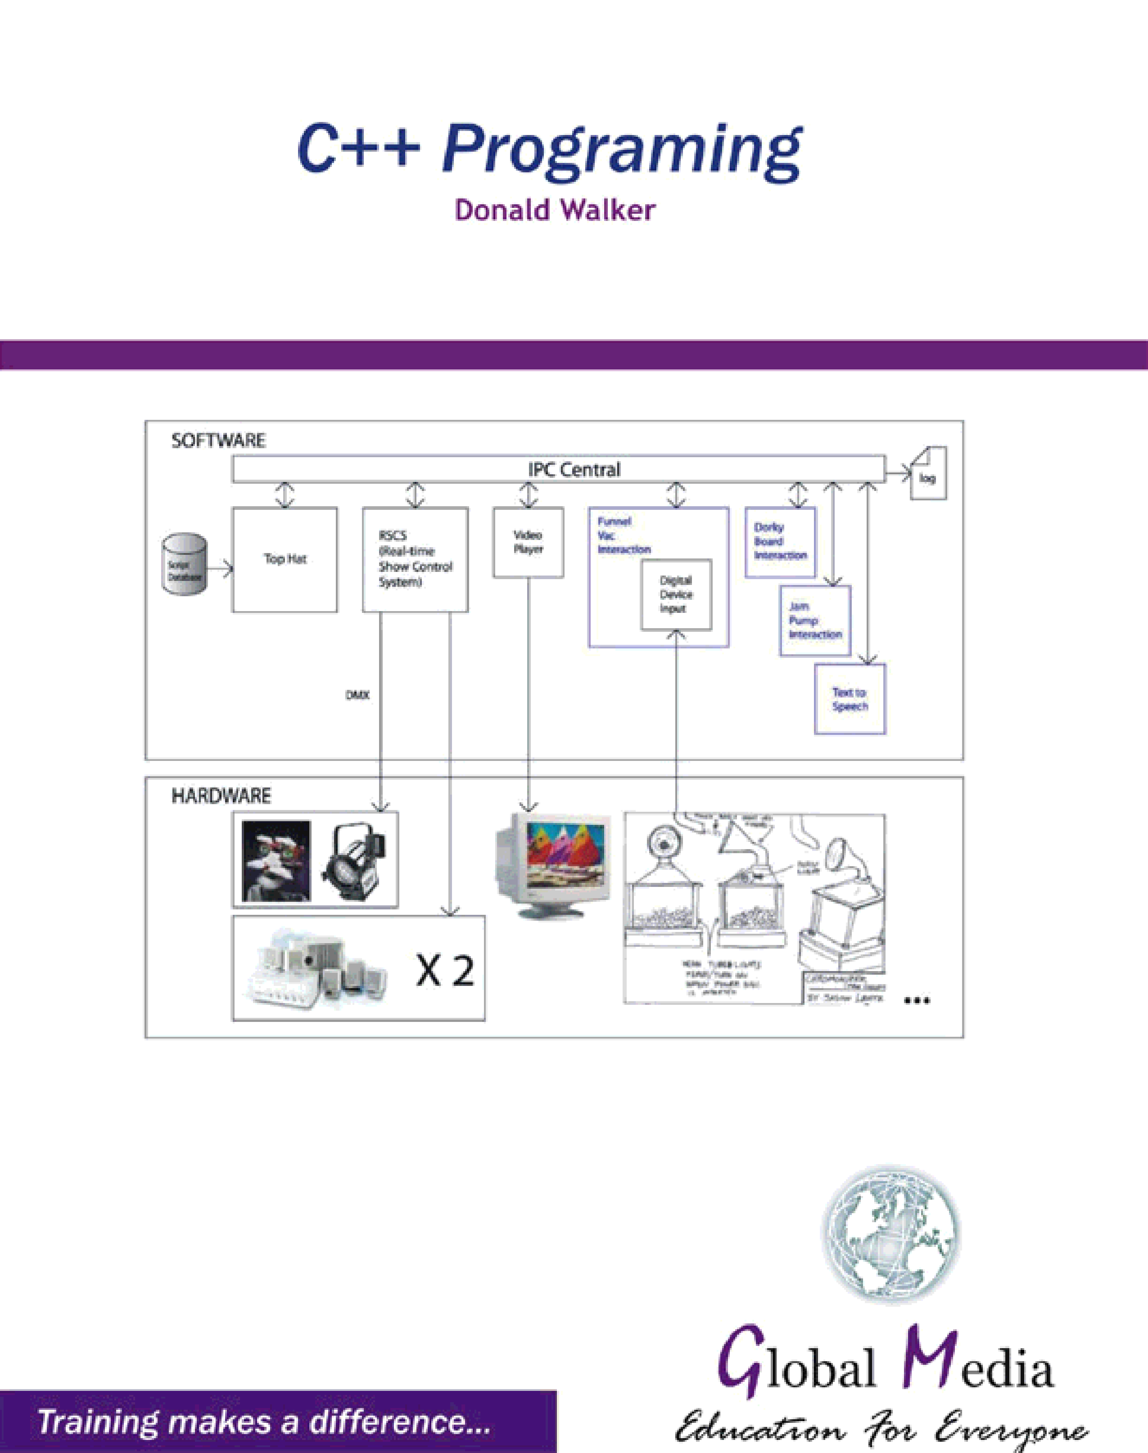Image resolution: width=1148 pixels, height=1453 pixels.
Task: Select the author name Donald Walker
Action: click(x=555, y=210)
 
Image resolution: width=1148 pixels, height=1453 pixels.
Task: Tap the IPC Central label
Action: click(x=574, y=469)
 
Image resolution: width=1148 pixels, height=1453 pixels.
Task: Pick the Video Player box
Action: click(x=528, y=542)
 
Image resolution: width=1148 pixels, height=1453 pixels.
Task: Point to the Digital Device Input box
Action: click(x=675, y=594)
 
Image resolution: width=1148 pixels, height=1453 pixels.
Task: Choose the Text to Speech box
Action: click(x=850, y=699)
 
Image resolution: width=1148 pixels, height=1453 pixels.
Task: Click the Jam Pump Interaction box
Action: click(x=814, y=621)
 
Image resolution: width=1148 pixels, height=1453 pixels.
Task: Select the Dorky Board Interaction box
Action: click(x=780, y=541)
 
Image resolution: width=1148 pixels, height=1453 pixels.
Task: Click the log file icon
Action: click(x=928, y=473)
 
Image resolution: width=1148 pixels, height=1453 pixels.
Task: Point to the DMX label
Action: click(x=357, y=695)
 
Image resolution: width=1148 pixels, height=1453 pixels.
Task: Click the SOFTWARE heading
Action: click(x=218, y=441)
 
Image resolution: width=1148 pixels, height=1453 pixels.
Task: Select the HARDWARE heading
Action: click(x=221, y=796)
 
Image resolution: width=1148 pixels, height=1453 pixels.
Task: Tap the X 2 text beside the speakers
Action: click(x=445, y=971)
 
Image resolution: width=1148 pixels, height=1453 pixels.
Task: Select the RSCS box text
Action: click(x=415, y=559)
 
